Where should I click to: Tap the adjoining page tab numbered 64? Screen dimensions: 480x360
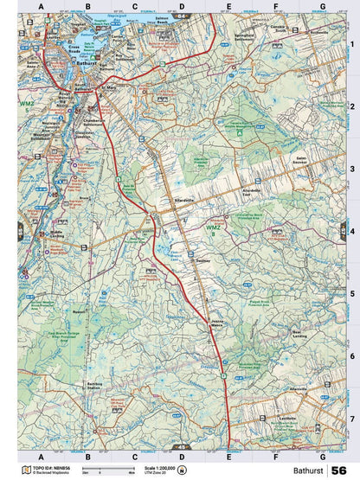180,16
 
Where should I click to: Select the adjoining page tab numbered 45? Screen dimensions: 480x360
180,446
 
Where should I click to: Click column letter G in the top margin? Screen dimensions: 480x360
322,7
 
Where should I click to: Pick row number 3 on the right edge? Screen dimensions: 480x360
352,170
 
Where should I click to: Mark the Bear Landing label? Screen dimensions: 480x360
301,333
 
